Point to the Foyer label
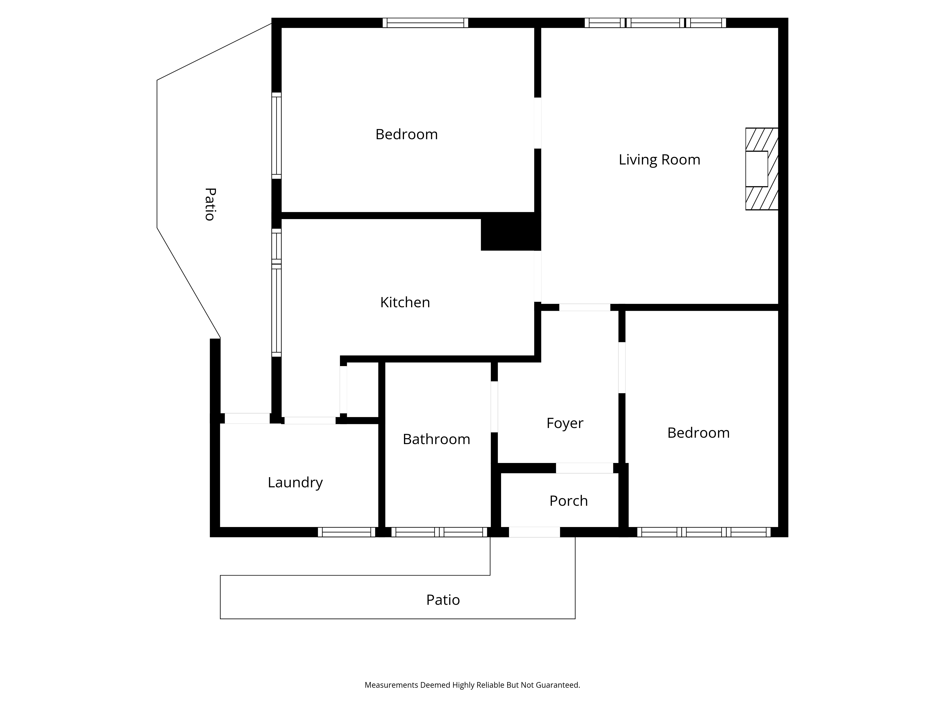[x=565, y=423]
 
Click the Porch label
[x=569, y=501]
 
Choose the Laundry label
[x=295, y=483]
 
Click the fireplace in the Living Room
[x=762, y=169]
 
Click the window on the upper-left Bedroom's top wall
[x=425, y=23]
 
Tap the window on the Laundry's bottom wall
[x=347, y=532]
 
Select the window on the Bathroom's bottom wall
[x=439, y=532]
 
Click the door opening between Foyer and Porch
[x=584, y=468]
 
